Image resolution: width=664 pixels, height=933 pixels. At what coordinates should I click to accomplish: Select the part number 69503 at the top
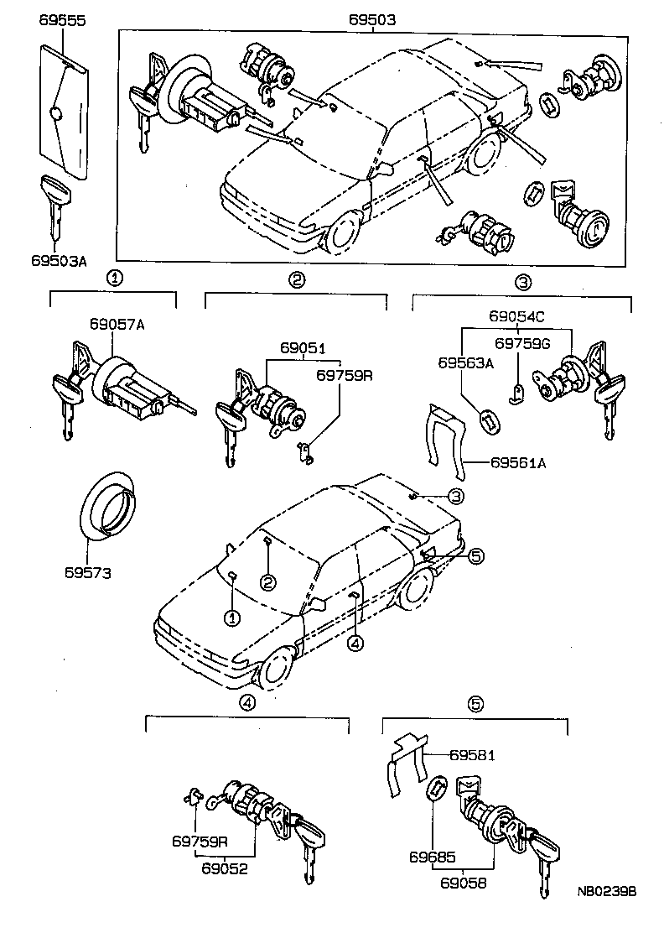(372, 19)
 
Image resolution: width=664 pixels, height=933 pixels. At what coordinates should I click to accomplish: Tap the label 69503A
(60, 261)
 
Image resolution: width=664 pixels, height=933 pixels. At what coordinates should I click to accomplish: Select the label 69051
(303, 347)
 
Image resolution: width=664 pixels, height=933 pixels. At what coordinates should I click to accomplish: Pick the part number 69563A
(466, 363)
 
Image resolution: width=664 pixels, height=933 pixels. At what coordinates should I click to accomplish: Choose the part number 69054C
(517, 316)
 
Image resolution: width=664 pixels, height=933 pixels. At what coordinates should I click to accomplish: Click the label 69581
(472, 755)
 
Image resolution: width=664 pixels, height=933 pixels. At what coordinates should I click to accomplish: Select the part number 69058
(467, 882)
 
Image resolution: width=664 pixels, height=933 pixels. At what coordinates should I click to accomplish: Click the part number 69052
(224, 868)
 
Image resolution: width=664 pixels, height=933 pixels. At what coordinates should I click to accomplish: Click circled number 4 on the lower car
(355, 644)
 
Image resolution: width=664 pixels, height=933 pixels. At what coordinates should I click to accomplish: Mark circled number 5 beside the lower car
(475, 555)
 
